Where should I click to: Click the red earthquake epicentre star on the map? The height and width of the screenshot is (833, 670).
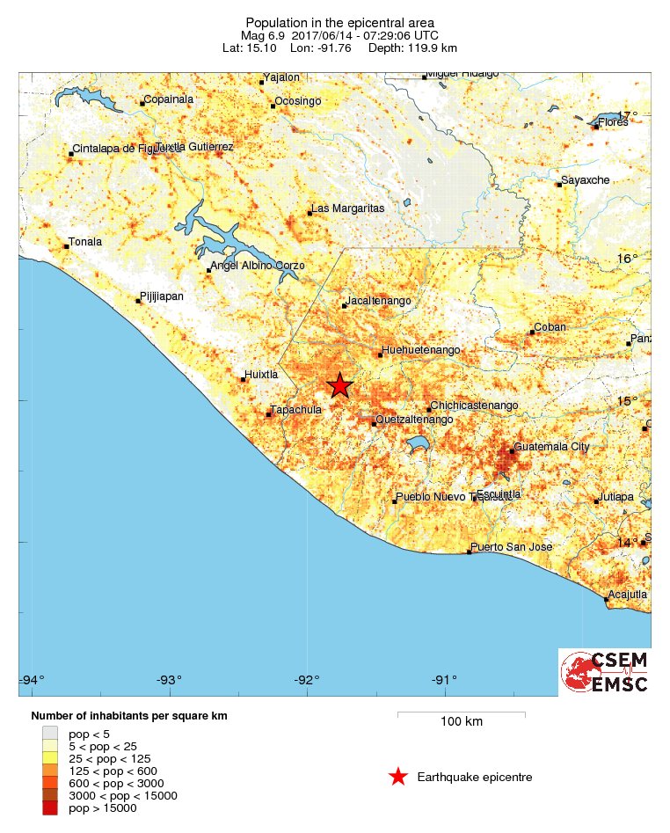(339, 385)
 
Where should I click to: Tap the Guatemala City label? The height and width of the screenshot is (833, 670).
(552, 447)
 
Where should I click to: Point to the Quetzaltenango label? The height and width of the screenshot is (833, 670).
(415, 420)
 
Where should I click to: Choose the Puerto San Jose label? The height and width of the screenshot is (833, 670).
(511, 547)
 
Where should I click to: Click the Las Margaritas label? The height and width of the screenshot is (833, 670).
(349, 208)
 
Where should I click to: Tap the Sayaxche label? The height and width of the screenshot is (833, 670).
(586, 180)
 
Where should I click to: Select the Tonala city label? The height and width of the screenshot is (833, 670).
(85, 242)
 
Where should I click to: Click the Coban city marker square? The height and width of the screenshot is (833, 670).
(533, 332)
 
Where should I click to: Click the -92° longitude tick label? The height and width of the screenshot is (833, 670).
(307, 679)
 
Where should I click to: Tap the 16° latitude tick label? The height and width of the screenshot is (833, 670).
(627, 259)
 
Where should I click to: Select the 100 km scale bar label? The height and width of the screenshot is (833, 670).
(461, 722)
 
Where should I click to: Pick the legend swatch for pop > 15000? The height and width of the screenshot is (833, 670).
(49, 808)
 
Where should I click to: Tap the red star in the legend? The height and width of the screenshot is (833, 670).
(398, 777)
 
